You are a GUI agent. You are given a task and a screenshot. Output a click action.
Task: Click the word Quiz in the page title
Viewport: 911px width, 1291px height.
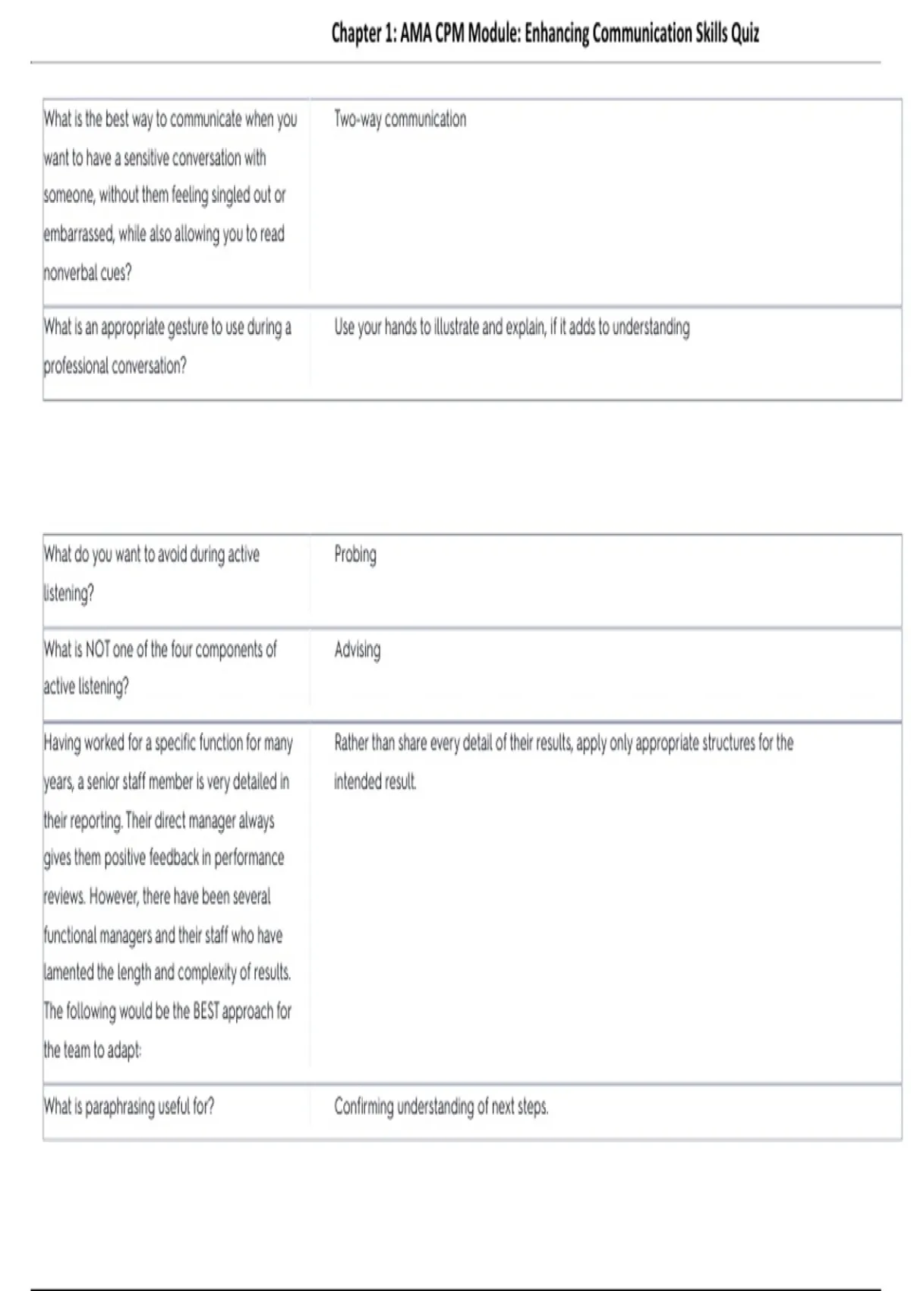pos(745,33)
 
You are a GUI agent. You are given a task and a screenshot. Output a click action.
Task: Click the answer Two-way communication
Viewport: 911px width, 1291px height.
pos(400,119)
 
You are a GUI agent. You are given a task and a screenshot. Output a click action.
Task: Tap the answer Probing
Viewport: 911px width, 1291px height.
pos(355,554)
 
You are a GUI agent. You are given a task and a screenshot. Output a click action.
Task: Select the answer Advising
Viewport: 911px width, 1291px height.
pos(358,649)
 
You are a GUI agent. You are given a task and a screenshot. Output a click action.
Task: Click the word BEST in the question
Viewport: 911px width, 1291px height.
pos(206,1012)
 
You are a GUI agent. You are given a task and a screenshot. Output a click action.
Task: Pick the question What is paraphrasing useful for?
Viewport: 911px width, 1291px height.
pos(129,1106)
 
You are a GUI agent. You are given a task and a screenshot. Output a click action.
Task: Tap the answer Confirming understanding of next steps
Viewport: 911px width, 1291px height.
pos(441,1106)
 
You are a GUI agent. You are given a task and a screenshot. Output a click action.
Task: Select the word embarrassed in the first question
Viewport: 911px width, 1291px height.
pos(78,234)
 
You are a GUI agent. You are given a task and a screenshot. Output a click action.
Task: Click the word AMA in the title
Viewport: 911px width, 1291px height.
pos(416,33)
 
